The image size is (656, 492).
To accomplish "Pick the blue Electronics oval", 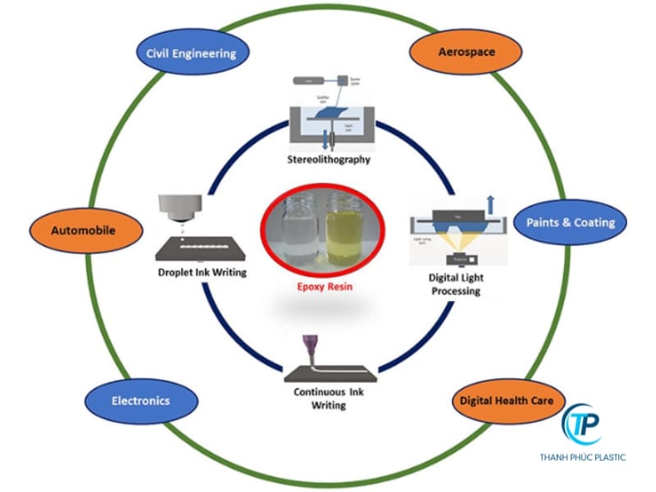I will (141, 401).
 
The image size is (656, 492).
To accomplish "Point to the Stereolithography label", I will (330, 159).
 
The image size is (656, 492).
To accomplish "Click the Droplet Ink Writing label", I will (199, 271).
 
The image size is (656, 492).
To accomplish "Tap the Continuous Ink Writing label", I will (329, 398).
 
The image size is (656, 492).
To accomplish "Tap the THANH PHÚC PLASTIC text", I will (581, 457).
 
